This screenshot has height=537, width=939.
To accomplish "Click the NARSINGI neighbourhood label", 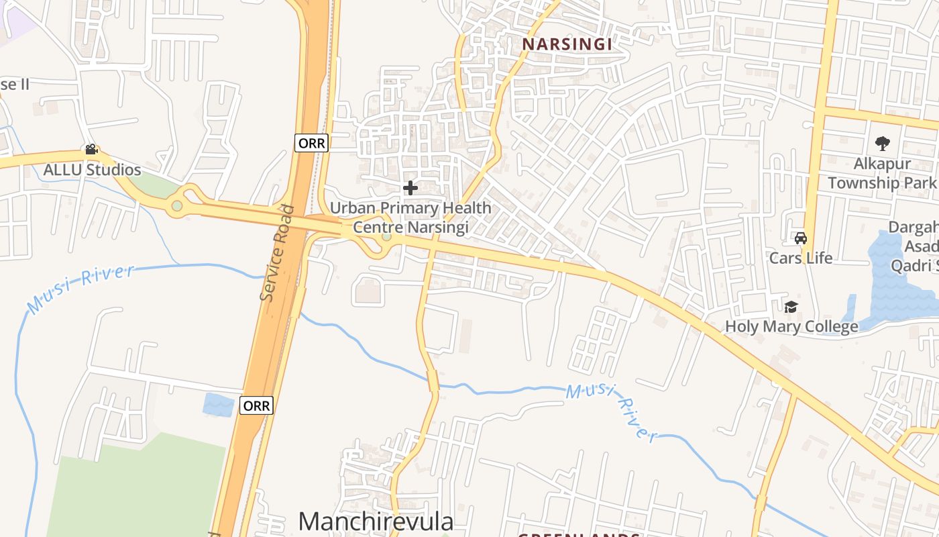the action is (567, 44).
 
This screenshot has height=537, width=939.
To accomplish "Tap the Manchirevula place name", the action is (376, 522).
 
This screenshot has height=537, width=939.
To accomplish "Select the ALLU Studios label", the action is (92, 170).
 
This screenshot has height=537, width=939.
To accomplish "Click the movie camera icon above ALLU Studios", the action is (91, 150).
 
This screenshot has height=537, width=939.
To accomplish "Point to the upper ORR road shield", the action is (311, 143).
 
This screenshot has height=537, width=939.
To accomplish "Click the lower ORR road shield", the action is (257, 405).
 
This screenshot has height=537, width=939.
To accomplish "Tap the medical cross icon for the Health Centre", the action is (410, 188).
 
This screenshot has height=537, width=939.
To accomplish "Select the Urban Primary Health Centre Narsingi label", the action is (410, 217).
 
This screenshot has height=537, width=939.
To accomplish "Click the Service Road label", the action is (278, 252).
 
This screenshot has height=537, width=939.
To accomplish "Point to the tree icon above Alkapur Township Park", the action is (882, 143).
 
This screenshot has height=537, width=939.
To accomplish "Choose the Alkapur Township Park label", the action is (882, 173).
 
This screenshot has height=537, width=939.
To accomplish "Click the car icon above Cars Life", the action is (800, 238).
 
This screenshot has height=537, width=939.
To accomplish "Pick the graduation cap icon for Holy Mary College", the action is (791, 307).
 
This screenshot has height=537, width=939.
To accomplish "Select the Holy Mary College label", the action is (791, 327).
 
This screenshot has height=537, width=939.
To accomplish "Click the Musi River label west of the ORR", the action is (80, 289).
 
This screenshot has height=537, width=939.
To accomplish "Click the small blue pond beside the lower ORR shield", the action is (217, 405).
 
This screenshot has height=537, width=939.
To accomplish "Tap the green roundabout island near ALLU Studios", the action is (176, 205).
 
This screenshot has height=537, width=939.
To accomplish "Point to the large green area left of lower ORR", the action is (134, 490).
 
